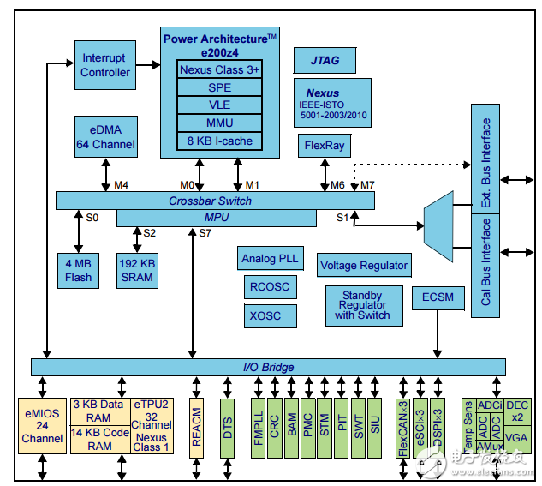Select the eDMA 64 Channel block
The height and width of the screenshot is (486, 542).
[105, 137]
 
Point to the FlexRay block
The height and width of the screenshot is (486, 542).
[325, 146]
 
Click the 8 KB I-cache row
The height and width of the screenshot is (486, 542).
[220, 141]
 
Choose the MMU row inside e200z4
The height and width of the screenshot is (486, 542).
[220, 123]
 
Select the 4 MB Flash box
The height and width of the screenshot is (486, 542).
[79, 270]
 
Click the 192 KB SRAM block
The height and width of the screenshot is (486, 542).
[137, 270]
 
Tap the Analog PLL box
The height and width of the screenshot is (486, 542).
[271, 258]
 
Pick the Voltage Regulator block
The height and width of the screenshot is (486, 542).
[364, 266]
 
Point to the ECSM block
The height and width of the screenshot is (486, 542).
[438, 298]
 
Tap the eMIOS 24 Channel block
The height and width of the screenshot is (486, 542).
[43, 425]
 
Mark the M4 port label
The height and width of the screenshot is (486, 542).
[121, 184]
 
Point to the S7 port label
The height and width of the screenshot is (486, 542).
[205, 232]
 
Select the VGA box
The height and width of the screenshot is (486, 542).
[516, 437]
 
